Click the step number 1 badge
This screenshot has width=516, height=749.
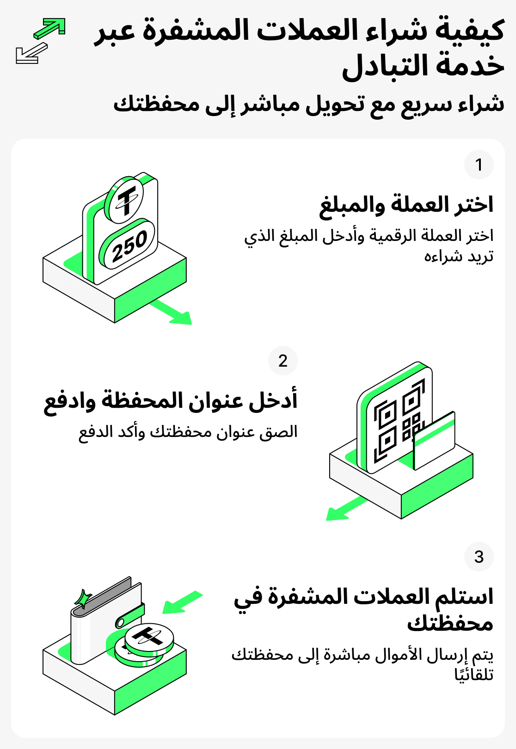pos(479,165)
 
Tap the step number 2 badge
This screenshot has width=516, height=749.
pos(283,361)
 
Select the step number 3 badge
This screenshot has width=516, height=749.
pos(479,557)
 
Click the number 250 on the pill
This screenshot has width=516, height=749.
pos(129,246)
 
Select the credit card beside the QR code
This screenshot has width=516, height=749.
pos(434,440)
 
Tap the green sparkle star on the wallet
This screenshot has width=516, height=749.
pos(83,599)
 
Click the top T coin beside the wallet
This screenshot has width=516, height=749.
pos(149,638)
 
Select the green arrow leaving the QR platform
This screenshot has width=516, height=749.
pos(344,509)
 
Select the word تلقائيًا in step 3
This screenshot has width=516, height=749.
pos(474,675)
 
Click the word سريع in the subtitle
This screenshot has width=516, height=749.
pos(418,104)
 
